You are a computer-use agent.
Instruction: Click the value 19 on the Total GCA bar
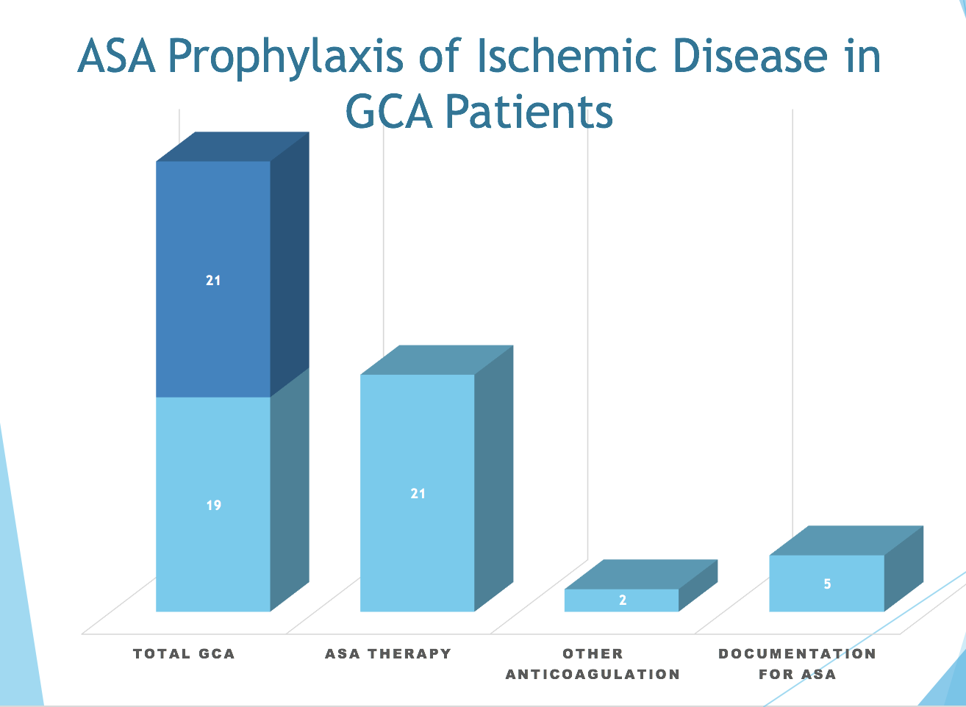click(x=213, y=506)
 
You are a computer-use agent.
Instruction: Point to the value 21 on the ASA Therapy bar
click(x=418, y=494)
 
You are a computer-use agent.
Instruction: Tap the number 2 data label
click(x=623, y=600)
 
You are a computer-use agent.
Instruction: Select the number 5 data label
click(x=827, y=584)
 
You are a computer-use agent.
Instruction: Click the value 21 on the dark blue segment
click(x=213, y=280)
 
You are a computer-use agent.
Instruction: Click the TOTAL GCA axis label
click(x=184, y=653)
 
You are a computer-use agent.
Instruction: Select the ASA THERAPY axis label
click(x=388, y=653)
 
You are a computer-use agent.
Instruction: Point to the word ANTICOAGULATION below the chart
click(x=593, y=674)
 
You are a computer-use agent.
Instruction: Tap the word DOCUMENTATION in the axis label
click(x=797, y=653)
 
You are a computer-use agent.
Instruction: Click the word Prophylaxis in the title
click(x=286, y=57)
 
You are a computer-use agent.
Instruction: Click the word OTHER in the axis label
click(x=593, y=653)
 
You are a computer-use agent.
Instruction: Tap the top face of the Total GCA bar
click(x=232, y=147)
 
